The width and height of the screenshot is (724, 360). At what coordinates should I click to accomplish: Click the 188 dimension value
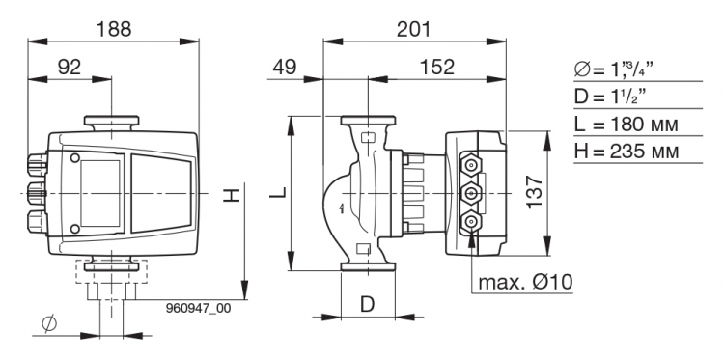coord(114,30)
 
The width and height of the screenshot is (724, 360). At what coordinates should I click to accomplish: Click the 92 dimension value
coord(70,68)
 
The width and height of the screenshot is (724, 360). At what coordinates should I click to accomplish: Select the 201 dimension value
coord(414,30)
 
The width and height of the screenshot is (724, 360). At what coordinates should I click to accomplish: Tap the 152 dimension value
coord(437,68)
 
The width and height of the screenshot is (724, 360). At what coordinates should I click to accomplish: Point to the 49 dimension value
coord(284,68)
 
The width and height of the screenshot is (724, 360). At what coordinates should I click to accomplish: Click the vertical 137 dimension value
coord(535,191)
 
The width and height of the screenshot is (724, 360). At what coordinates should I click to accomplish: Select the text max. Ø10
coord(525,282)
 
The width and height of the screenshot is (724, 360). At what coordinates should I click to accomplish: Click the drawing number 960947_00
coord(198,308)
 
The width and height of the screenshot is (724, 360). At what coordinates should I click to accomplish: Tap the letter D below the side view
coord(367,305)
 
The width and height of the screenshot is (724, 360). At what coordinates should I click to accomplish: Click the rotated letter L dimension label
coord(278,192)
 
